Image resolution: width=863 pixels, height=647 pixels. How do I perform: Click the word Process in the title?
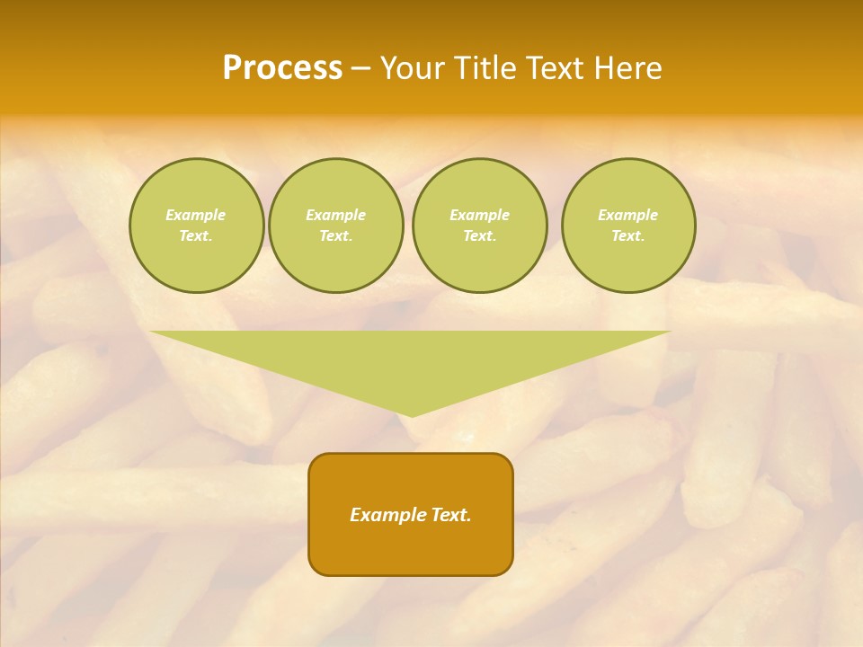point(282,68)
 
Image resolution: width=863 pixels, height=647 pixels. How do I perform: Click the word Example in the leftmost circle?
point(196,215)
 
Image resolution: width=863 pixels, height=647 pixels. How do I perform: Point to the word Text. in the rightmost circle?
point(628,235)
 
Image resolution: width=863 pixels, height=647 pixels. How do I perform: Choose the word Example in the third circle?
point(480,215)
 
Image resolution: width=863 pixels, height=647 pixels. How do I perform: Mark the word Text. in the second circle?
point(336,235)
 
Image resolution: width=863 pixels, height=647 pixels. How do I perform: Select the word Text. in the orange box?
point(449,515)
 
